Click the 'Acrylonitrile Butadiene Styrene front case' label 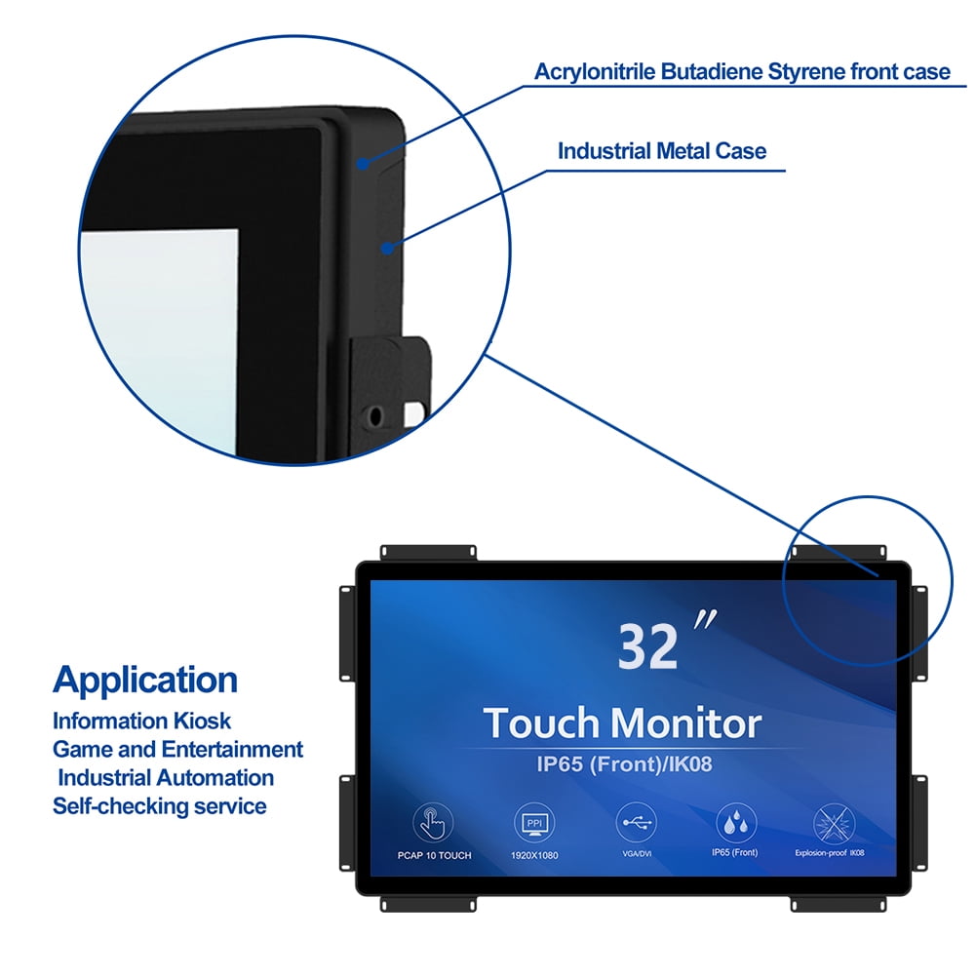point(742,72)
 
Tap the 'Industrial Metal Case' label point(661,151)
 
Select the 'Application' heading point(145,680)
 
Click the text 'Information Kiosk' point(142,722)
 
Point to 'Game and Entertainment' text point(177,750)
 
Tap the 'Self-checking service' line point(159,806)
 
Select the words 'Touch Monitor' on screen point(622,723)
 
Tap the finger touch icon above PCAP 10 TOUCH point(433,823)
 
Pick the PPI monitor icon point(532,823)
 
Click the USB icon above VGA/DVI point(636,823)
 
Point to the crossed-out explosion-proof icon point(835,823)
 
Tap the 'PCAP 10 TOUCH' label point(434,855)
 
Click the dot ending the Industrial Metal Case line point(387,249)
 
